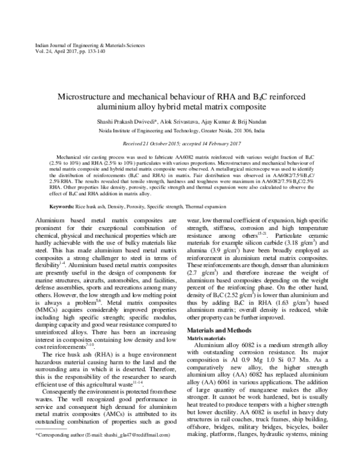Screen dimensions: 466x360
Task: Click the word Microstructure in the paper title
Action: point(87,96)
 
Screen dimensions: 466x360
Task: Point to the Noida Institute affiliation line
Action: point(179,129)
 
